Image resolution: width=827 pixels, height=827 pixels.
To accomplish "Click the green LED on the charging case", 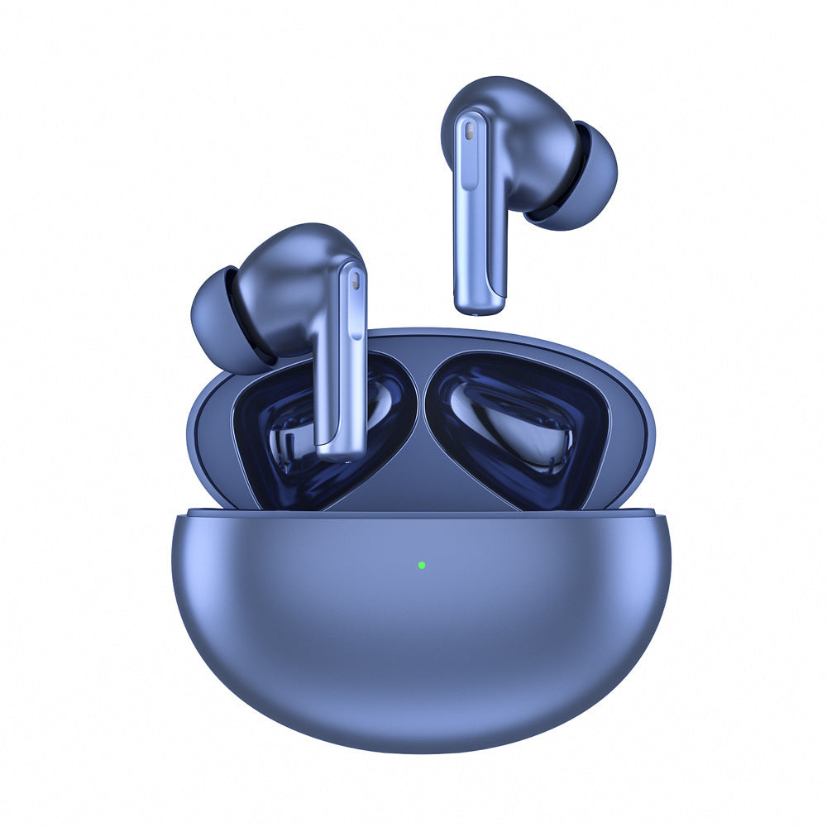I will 422,566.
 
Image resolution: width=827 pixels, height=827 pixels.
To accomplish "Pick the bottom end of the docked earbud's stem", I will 342,453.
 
